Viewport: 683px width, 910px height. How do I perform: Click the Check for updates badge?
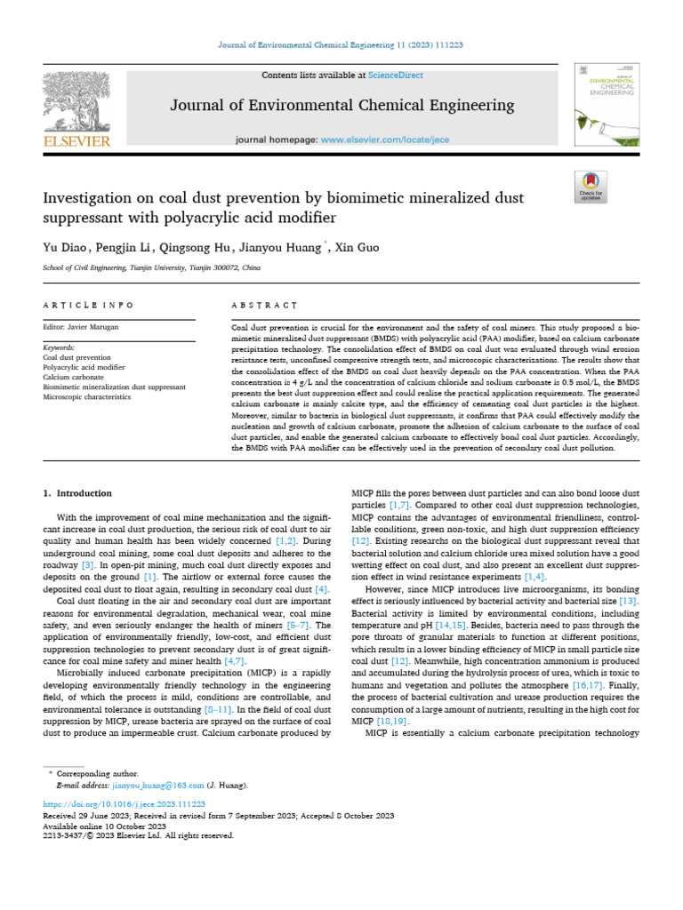pos(591,186)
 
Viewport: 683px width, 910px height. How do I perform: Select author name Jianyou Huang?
pos(287,246)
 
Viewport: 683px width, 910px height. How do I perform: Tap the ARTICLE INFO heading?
pos(88,305)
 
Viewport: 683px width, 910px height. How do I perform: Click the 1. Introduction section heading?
pos(78,493)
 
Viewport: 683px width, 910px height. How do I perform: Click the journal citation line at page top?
pos(341,44)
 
